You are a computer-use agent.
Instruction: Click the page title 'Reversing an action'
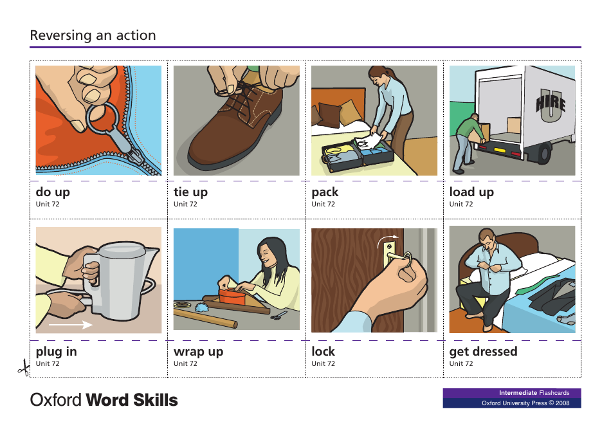[93, 35]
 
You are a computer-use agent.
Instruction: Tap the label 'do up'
[53, 192]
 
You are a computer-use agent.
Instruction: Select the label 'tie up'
[190, 192]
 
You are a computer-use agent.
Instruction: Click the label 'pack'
[324, 192]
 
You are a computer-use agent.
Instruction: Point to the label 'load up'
[471, 192]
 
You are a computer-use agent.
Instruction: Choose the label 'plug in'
[56, 351]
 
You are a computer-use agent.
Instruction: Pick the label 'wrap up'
[198, 351]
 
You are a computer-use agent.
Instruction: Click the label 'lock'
[323, 351]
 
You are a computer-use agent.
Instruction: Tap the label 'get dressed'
[483, 351]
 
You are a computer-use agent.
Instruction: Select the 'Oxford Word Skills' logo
[104, 400]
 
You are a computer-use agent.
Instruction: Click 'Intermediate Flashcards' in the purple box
[534, 393]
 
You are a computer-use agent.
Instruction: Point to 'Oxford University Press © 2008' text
[525, 403]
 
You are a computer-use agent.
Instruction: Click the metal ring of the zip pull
[102, 119]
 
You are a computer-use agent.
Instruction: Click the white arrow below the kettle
[71, 325]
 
